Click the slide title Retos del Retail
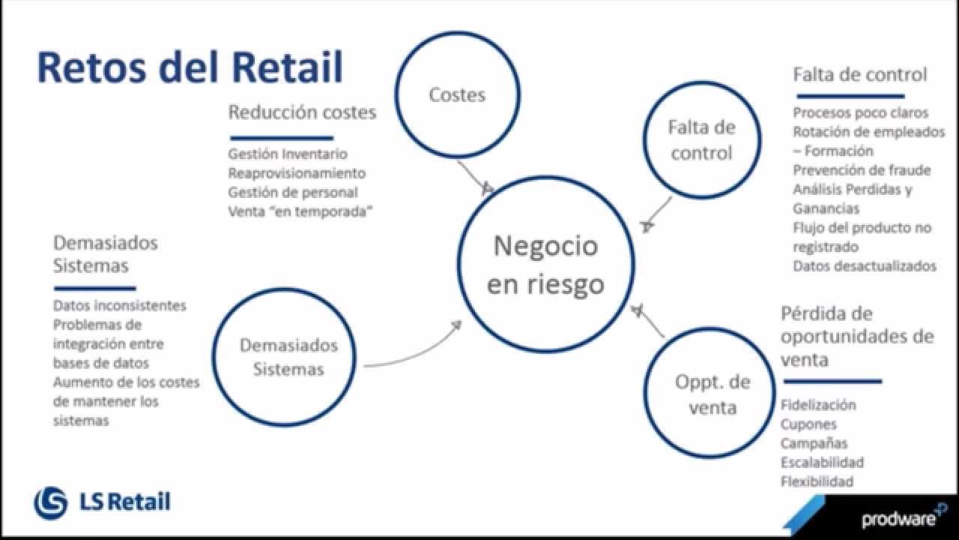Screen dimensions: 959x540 click(190, 67)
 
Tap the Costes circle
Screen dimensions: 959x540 click(458, 31)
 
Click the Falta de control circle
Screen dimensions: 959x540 click(702, 82)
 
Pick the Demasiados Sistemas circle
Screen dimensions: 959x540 click(284, 289)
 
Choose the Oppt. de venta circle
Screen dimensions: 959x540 click(710, 328)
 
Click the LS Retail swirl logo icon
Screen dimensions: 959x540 click(50, 503)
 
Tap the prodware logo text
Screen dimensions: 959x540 click(899, 518)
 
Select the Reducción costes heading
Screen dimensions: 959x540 click(302, 112)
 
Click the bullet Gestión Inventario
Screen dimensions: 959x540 click(288, 154)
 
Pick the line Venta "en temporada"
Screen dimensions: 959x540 click(300, 211)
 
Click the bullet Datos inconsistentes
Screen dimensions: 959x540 click(119, 305)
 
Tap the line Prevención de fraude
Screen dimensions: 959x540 click(862, 170)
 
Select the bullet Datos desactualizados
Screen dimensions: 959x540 click(865, 266)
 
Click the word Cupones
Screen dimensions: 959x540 click(808, 424)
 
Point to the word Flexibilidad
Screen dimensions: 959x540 click(817, 481)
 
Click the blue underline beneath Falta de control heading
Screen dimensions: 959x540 click(850, 97)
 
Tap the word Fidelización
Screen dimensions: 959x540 click(818, 405)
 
